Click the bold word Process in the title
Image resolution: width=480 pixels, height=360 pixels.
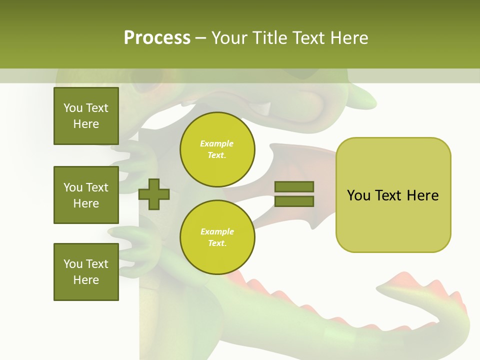click(x=157, y=38)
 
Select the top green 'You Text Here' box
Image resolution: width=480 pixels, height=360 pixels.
click(x=86, y=116)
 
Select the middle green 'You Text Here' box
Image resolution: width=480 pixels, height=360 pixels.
click(x=86, y=195)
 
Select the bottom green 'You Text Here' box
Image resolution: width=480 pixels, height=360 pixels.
click(x=86, y=272)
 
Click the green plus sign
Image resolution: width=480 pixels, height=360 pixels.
click(x=154, y=194)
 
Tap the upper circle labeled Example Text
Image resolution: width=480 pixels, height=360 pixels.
click(x=217, y=149)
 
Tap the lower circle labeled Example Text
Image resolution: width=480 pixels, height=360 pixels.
click(x=217, y=237)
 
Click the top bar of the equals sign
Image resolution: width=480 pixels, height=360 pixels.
click(x=294, y=186)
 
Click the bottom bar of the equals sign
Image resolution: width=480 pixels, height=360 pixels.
click(x=294, y=201)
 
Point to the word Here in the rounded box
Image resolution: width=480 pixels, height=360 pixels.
click(x=422, y=195)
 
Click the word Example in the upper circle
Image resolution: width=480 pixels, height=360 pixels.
click(x=217, y=143)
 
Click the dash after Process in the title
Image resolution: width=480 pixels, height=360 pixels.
click(x=200, y=38)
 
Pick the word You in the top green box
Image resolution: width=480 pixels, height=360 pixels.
click(x=72, y=108)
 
